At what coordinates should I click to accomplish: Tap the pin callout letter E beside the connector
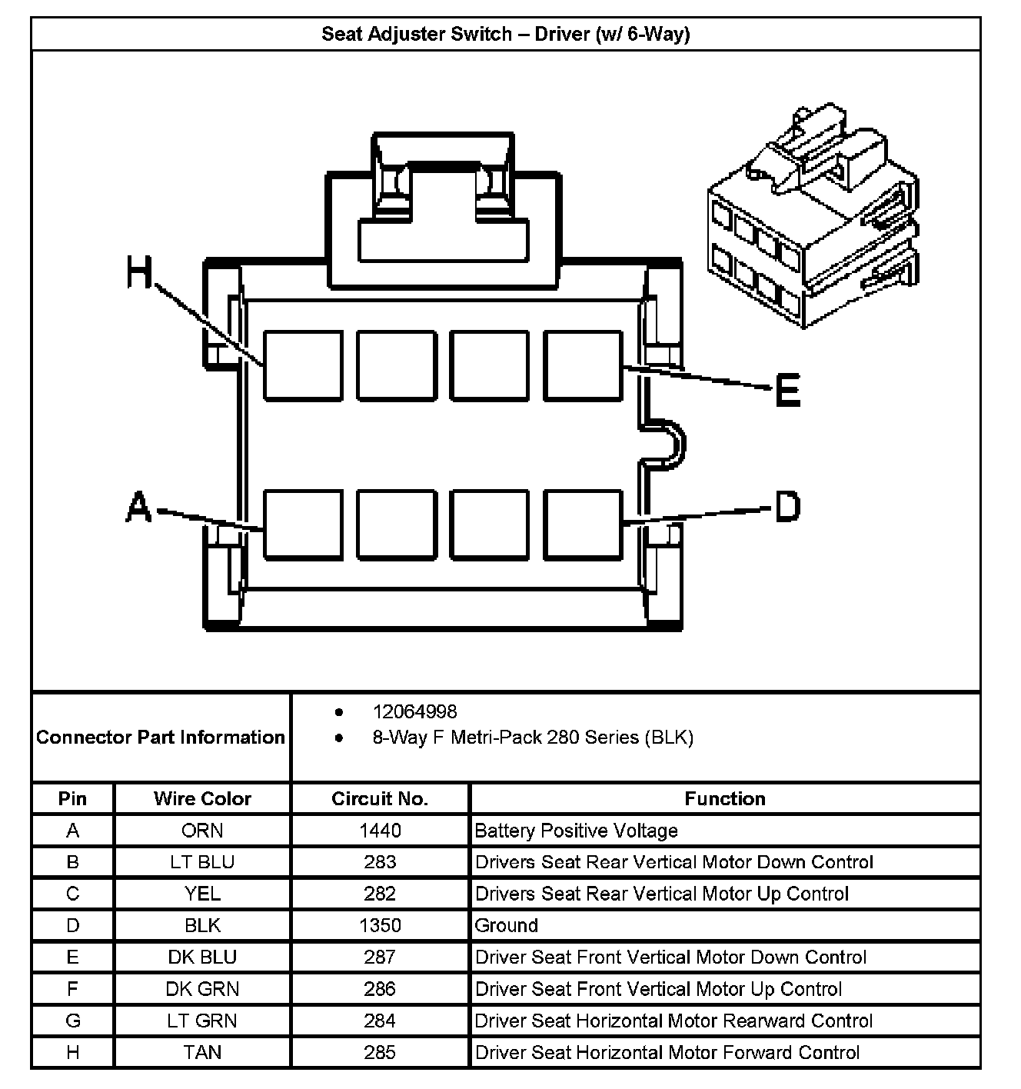(x=787, y=390)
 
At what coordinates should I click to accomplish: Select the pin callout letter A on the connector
(x=138, y=508)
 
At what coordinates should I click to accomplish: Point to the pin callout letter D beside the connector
(x=787, y=507)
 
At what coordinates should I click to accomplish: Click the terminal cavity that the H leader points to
(x=303, y=366)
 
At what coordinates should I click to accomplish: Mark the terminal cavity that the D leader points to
(x=583, y=524)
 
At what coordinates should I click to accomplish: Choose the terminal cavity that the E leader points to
(x=583, y=366)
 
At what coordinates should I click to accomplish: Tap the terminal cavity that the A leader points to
(x=303, y=524)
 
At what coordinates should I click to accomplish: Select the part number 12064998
(x=414, y=712)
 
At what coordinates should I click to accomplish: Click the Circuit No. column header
(x=380, y=798)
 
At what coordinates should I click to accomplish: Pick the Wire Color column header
(x=202, y=798)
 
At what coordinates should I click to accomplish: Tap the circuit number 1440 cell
(x=380, y=831)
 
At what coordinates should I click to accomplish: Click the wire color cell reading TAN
(x=202, y=1052)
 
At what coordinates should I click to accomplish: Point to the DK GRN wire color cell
(x=202, y=989)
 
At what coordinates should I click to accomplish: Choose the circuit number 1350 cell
(x=380, y=925)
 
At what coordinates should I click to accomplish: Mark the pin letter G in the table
(x=73, y=1021)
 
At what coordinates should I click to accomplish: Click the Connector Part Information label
(x=161, y=738)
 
